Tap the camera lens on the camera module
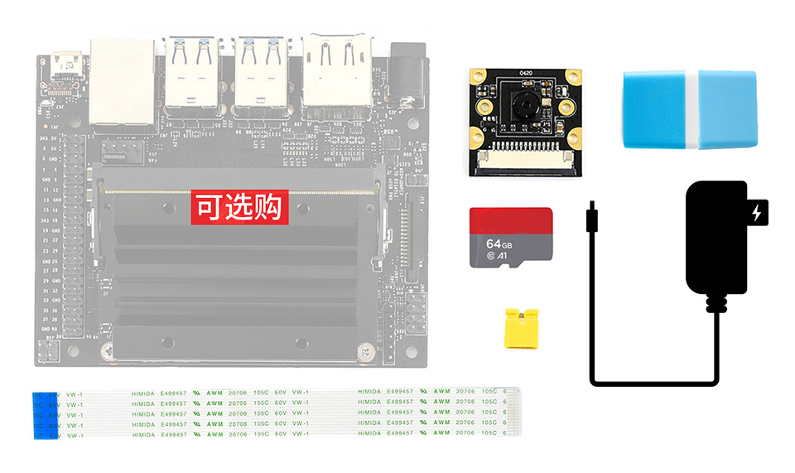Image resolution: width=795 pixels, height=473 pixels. [523, 104]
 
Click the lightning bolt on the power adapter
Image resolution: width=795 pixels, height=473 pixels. [756, 215]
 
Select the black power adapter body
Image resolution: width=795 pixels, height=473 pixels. [715, 236]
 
